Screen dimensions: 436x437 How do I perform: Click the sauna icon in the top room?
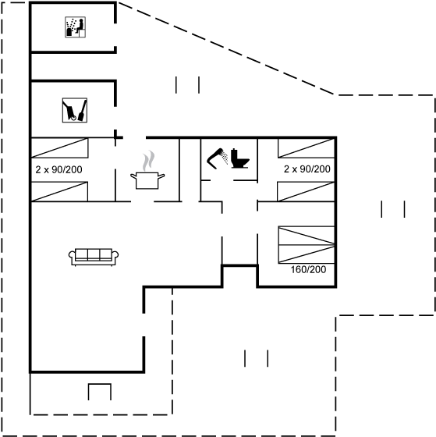tap(75, 27)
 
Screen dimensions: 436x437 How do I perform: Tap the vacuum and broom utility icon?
tap(75, 110)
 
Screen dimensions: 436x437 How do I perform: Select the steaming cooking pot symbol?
tap(147, 170)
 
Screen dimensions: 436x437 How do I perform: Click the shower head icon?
tap(218, 158)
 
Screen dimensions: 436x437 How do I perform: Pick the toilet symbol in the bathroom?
tap(240, 158)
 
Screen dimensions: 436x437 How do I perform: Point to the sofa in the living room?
tap(94, 257)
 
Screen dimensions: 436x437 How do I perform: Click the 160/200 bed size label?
tap(308, 269)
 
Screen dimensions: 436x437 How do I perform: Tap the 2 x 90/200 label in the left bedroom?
tap(58, 169)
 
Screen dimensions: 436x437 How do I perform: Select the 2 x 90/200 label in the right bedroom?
tap(307, 169)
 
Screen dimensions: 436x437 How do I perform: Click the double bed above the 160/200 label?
tap(307, 245)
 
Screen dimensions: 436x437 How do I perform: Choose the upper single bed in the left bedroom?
tap(60, 148)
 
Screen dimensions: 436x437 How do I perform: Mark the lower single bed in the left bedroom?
tap(59, 191)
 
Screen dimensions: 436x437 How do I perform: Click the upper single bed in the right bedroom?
tap(307, 148)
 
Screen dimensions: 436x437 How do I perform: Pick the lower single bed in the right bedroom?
tap(306, 191)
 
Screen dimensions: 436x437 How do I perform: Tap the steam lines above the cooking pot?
tap(148, 161)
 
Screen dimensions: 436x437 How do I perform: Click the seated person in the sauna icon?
tap(80, 27)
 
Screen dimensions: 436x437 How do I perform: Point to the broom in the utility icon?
tap(83, 111)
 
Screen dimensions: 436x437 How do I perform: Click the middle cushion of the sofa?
tap(94, 254)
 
